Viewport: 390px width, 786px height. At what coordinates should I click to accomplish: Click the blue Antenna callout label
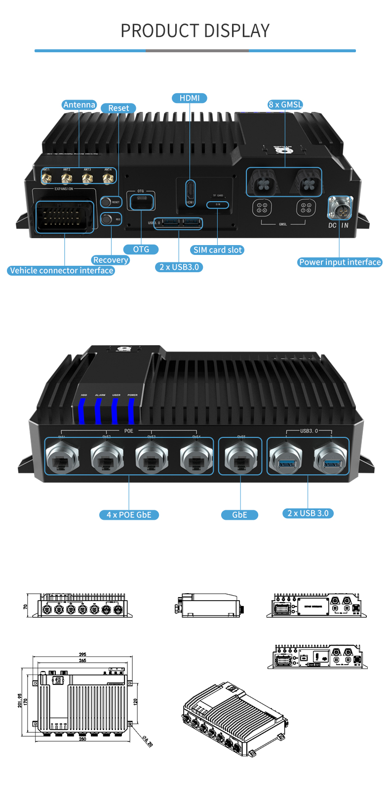click(79, 105)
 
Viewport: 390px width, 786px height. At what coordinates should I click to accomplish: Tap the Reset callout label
click(118, 108)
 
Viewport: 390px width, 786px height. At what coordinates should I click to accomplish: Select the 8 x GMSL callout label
click(285, 105)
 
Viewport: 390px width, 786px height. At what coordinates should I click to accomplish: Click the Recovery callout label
click(111, 260)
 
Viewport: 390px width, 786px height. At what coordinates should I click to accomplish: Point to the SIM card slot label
click(217, 250)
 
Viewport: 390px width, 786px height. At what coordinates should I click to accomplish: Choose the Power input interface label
click(340, 262)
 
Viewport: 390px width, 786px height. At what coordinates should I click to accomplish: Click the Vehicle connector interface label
click(61, 271)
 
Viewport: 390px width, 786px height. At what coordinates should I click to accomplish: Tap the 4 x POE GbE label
click(129, 515)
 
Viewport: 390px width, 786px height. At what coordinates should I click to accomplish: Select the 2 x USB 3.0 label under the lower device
click(308, 513)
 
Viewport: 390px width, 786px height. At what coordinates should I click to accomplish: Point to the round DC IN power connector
click(340, 208)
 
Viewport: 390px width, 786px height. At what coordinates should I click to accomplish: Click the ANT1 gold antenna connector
click(46, 178)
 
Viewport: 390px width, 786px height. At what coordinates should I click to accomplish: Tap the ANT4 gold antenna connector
click(108, 178)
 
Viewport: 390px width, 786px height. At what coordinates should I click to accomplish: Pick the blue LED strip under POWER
click(131, 411)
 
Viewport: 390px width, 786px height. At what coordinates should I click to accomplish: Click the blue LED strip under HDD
click(82, 411)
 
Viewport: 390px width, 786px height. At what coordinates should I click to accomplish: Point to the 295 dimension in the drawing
click(82, 655)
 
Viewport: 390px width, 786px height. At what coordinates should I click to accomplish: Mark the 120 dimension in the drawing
click(136, 701)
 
